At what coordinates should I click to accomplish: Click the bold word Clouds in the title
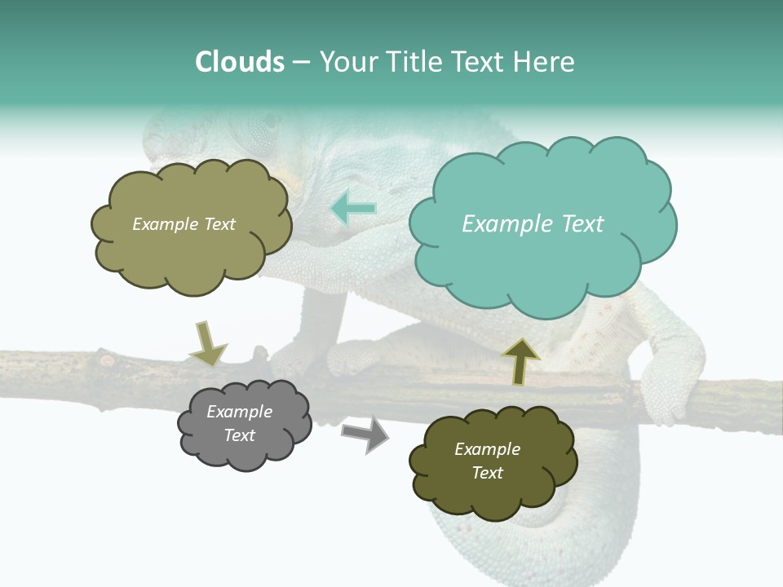tap(240, 62)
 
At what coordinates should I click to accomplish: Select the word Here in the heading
tap(546, 62)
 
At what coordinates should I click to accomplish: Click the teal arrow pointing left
tap(353, 208)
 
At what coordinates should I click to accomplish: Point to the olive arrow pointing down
tap(206, 342)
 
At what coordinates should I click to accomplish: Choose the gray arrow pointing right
tap(365, 434)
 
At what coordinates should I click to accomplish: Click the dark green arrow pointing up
tap(520, 361)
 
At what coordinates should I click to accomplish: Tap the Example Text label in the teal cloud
tap(533, 224)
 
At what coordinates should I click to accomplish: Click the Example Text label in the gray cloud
tap(240, 424)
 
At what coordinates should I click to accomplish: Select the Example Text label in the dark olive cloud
tap(487, 461)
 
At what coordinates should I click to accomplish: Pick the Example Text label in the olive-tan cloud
tap(184, 224)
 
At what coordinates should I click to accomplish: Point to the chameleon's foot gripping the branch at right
tap(669, 383)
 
